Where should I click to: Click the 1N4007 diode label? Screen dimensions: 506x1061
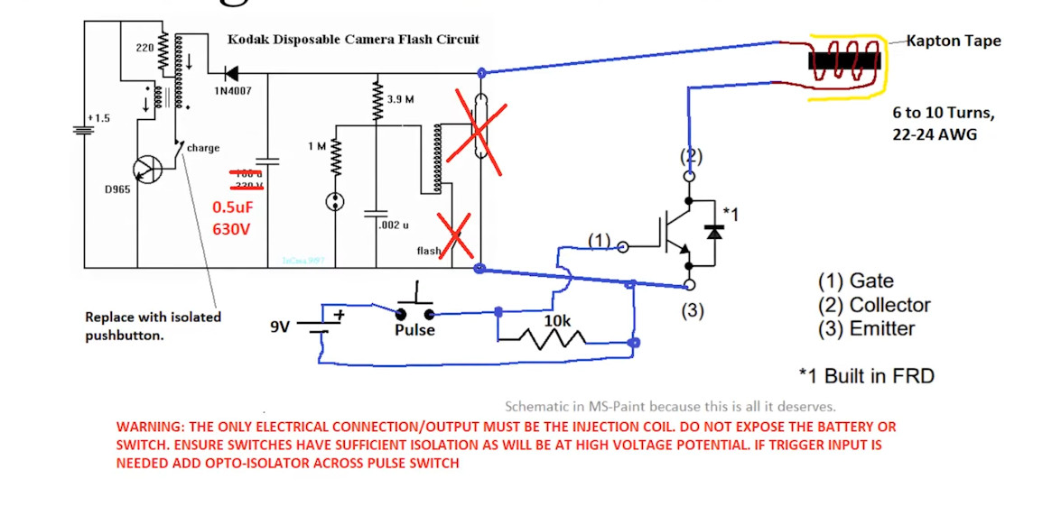tap(233, 90)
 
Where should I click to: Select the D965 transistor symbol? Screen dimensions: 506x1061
tap(147, 169)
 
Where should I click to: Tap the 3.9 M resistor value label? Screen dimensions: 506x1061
tap(400, 98)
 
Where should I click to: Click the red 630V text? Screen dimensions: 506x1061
tap(230, 229)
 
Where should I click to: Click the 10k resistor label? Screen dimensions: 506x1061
tap(558, 320)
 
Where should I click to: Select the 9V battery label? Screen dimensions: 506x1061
tap(280, 327)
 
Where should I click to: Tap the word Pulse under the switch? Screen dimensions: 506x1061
tap(414, 330)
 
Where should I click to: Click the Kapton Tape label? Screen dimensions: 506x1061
tap(953, 41)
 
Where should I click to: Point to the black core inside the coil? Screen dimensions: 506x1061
tap(844, 61)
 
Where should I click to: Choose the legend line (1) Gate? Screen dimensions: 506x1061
tap(855, 281)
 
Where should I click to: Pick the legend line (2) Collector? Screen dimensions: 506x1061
tap(873, 305)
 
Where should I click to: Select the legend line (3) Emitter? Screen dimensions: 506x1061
tap(866, 328)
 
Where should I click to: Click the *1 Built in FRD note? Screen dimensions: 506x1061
tap(866, 375)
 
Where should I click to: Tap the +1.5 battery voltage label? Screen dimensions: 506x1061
tap(98, 118)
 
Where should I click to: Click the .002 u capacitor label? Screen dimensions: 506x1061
tap(395, 225)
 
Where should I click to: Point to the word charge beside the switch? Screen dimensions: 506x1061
tap(203, 148)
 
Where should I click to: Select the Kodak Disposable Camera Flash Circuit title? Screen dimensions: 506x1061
tap(353, 40)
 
